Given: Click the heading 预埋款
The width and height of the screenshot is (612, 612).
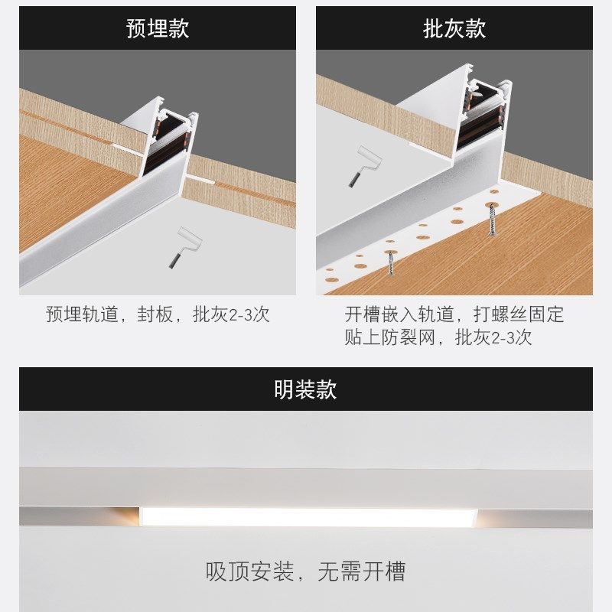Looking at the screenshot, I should pyautogui.click(x=157, y=29).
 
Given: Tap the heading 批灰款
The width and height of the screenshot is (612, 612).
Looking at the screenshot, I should pyautogui.click(x=454, y=29).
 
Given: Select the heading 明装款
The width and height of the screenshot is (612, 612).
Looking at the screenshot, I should pyautogui.click(x=305, y=389).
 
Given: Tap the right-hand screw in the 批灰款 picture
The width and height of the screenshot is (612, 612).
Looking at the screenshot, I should pyautogui.click(x=491, y=218).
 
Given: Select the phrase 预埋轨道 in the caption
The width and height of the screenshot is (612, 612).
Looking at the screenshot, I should pyautogui.click(x=83, y=314).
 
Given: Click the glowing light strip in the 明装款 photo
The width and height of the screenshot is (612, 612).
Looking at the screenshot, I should pyautogui.click(x=306, y=516).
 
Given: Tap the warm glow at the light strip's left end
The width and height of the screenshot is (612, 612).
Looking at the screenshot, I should pyautogui.click(x=126, y=516).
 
